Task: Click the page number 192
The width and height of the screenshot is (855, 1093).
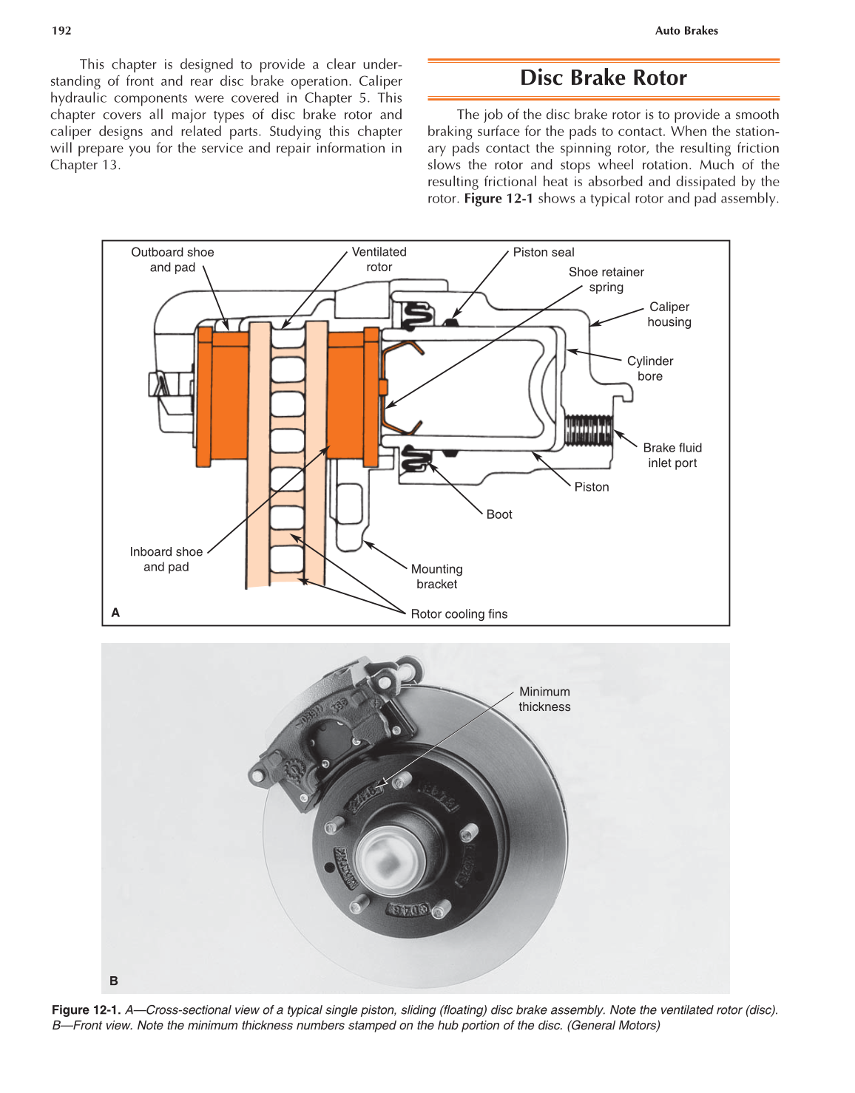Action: (x=61, y=30)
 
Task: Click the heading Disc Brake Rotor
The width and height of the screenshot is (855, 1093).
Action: (x=603, y=78)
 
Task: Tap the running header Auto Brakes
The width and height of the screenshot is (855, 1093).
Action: (x=686, y=30)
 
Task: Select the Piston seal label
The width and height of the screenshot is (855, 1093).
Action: (x=543, y=252)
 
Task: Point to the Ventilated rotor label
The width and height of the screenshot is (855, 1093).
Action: (x=379, y=259)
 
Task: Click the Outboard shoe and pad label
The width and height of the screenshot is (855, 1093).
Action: (x=172, y=259)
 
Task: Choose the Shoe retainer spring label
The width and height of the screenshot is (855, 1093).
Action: (x=606, y=279)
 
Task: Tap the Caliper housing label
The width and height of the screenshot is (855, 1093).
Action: (x=669, y=314)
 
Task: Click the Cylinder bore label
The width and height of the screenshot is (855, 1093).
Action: (x=649, y=368)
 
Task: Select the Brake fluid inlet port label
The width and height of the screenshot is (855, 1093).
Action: (x=672, y=455)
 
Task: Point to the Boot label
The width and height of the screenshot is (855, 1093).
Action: (x=499, y=514)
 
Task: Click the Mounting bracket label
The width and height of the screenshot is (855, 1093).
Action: (x=436, y=576)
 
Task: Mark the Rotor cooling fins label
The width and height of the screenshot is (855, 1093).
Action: (x=459, y=613)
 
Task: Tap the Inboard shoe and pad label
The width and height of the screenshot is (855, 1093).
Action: (x=166, y=559)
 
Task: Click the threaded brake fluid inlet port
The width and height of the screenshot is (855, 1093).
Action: (x=588, y=429)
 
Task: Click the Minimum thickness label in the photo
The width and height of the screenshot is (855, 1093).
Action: (x=544, y=699)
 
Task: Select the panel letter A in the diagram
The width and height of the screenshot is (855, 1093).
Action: (x=115, y=612)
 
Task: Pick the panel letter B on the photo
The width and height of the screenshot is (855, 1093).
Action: (x=114, y=981)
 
